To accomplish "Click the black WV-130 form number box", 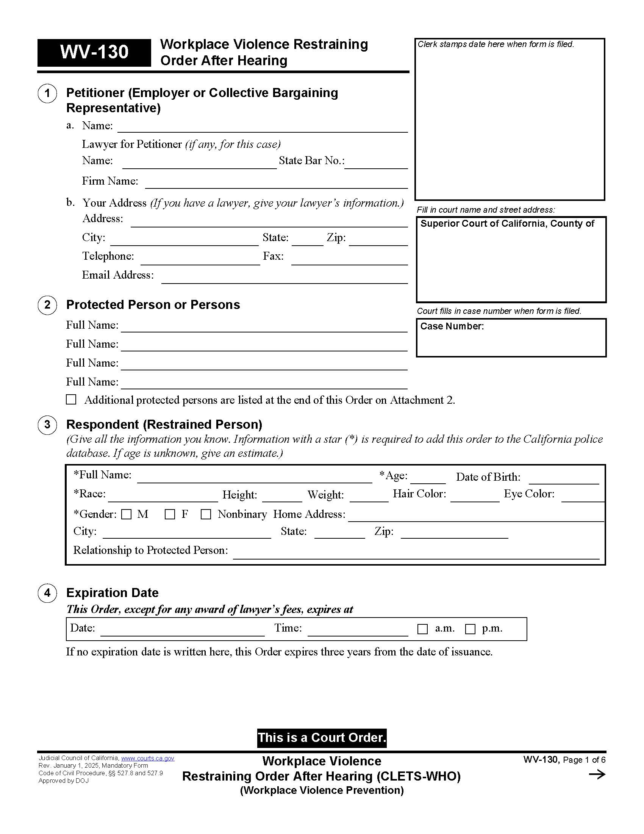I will (x=94, y=52).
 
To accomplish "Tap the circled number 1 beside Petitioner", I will (x=47, y=93).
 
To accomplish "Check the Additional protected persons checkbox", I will (x=71, y=400).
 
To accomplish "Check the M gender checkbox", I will (x=126, y=514).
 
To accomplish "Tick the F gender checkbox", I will (x=170, y=514).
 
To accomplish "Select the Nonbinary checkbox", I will (x=206, y=514).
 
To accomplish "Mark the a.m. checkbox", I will (x=422, y=629).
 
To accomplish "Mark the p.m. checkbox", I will (x=470, y=629).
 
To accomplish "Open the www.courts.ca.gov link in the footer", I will (x=148, y=759).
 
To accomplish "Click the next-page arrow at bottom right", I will (x=597, y=774).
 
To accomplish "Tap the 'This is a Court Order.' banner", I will (x=322, y=737).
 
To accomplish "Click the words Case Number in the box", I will (x=452, y=326).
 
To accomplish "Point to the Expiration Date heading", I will (x=112, y=593).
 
